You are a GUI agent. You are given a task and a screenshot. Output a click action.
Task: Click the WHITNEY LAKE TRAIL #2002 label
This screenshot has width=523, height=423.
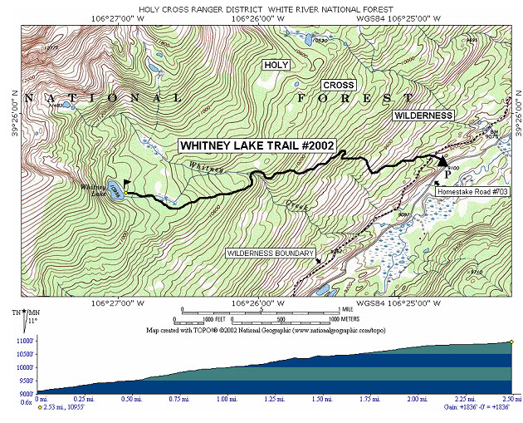[257, 145]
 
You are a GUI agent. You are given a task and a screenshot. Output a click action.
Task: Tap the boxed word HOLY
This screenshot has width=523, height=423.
[276, 65]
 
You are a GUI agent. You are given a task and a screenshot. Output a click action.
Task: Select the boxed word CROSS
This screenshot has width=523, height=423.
[339, 86]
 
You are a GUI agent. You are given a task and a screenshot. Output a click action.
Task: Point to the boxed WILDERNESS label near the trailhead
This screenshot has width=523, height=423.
[423, 115]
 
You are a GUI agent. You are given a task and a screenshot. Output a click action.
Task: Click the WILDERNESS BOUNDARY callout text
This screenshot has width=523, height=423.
[270, 253]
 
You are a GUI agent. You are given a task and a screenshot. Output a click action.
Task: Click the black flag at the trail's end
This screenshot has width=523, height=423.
[127, 182]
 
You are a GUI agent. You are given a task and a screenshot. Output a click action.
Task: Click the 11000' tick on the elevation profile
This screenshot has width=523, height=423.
[24, 341]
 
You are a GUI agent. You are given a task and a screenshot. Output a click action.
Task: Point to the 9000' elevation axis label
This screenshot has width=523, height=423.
[24, 393]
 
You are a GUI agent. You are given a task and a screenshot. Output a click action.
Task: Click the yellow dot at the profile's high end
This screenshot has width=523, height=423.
[512, 342]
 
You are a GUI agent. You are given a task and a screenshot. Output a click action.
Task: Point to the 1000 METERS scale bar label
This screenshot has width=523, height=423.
[344, 318]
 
